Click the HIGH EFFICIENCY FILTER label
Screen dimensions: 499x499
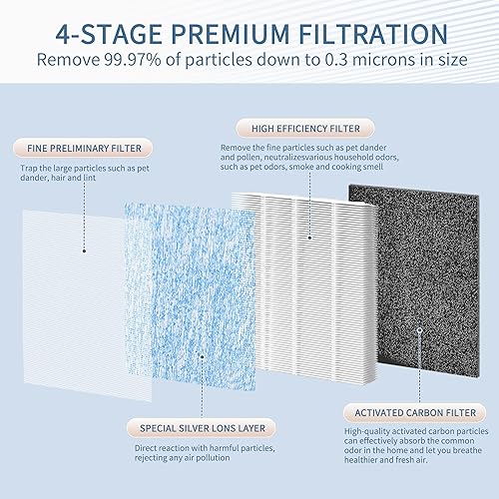point(299,128)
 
